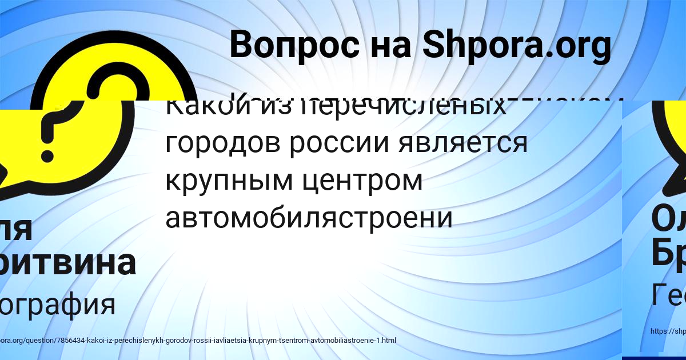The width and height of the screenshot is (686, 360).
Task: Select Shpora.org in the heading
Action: tap(517, 46)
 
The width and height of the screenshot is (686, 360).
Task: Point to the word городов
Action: tap(222, 143)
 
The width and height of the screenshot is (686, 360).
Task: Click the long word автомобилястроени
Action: tap(309, 217)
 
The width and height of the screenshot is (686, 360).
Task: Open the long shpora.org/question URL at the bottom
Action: tap(197, 341)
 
